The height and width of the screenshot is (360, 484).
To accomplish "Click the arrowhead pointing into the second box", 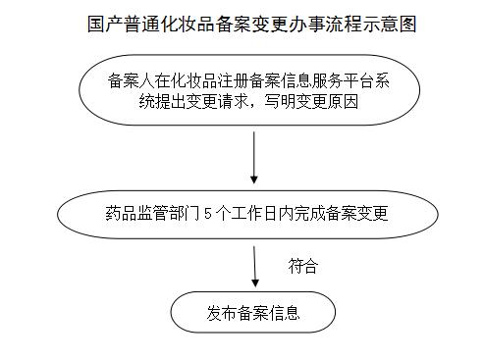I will tap(254, 180).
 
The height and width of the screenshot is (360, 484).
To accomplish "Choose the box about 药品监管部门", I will tap(244, 212).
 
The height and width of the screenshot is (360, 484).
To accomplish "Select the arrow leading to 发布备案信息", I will tap(254, 265).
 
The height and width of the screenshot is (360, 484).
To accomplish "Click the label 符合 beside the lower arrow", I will tap(302, 265).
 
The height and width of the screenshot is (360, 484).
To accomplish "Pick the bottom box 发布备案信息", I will tap(252, 314).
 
